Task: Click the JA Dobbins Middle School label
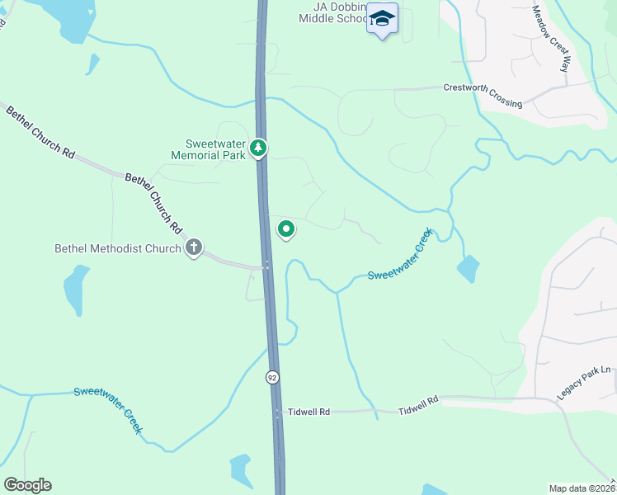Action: click(x=331, y=12)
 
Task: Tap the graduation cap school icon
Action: click(x=382, y=19)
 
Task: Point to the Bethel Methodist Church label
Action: click(x=117, y=247)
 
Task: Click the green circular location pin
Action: click(x=286, y=229)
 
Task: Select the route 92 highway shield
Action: click(x=271, y=377)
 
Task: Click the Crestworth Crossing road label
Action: click(x=483, y=95)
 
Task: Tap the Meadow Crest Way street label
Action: click(x=551, y=38)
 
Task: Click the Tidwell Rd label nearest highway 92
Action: click(x=308, y=411)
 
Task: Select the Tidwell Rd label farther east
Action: click(x=418, y=409)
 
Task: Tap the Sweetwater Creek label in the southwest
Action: click(x=108, y=410)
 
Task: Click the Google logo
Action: click(x=27, y=484)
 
